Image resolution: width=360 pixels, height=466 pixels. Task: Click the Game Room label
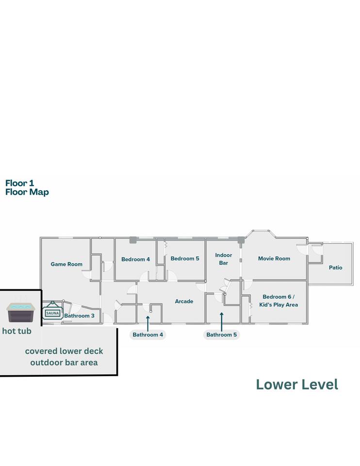point(66,264)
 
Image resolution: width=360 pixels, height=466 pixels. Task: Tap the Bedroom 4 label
point(135,259)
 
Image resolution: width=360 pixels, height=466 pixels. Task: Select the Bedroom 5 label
point(185,259)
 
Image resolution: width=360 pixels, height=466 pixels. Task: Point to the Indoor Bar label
point(223,259)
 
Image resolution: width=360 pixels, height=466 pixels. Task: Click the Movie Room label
point(274,259)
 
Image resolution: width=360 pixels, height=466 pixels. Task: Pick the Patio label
point(336,267)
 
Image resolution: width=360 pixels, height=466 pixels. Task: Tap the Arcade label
point(184,301)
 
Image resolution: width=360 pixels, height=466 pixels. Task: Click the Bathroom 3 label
point(79,316)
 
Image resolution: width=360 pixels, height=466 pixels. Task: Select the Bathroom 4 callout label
point(147,334)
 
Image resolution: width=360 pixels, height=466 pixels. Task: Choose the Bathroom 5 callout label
point(222,334)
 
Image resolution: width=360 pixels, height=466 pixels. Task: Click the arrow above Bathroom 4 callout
point(147,323)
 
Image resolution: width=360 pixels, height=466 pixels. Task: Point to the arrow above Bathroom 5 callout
point(222,321)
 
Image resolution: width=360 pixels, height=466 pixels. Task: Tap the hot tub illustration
point(20,312)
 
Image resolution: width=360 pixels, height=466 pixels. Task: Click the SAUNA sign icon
point(52,310)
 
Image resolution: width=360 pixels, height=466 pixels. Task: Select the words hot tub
point(16,331)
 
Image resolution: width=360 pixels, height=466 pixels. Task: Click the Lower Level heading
point(297,384)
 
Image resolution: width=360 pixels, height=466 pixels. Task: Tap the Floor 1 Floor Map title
point(27,187)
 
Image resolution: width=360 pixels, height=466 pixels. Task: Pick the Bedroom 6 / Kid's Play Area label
point(278,301)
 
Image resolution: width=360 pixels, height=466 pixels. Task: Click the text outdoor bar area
point(64,363)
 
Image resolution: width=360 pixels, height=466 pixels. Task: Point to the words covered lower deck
point(64,351)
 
